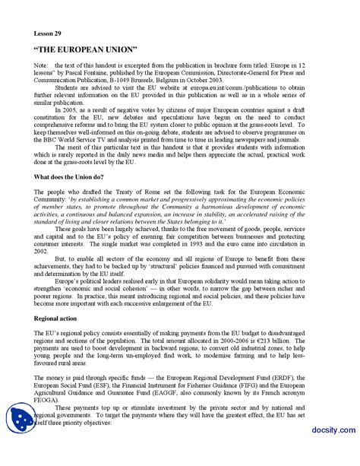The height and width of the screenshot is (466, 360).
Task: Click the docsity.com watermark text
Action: (x=327, y=452)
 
